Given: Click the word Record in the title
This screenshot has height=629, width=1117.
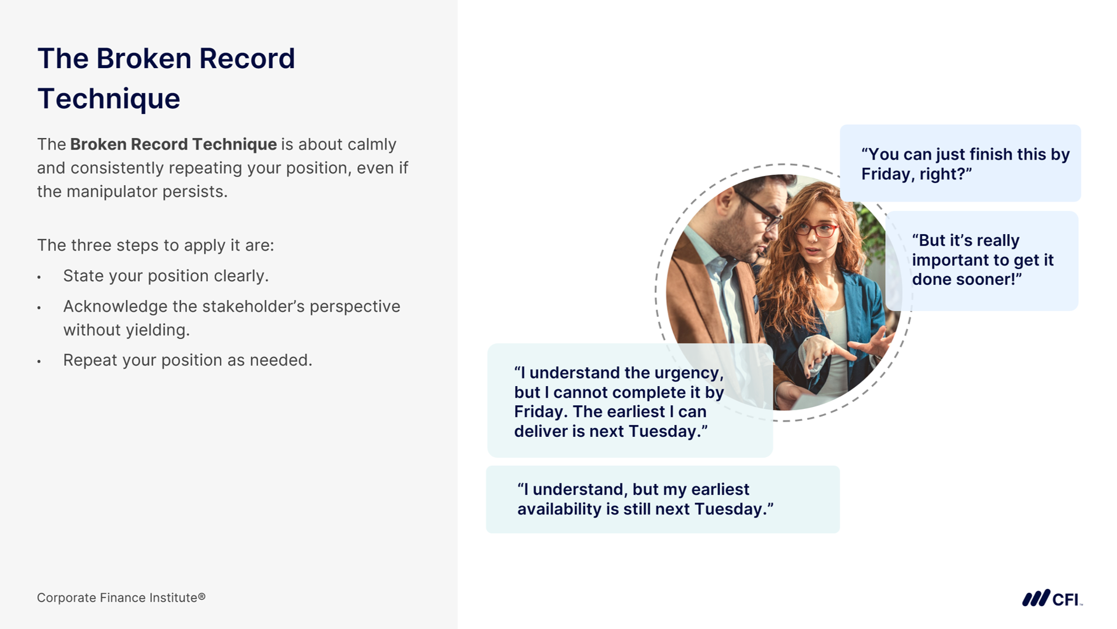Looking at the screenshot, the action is coord(247,59).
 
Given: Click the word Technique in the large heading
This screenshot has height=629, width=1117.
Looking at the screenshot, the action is coord(109,99).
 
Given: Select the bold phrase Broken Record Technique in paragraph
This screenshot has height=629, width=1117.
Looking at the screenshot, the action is coord(174,144).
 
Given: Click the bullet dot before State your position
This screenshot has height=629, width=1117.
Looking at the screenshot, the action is coord(39,277).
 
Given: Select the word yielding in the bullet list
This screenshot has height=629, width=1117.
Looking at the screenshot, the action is coord(156,330).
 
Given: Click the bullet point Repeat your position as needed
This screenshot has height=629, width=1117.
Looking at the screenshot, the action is coord(188,361).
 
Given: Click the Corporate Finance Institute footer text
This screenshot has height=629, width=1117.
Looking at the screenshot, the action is coord(121,598).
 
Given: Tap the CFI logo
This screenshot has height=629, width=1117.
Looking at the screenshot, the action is coord(1052,598).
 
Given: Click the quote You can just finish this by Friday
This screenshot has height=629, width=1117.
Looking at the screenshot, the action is coord(966,164).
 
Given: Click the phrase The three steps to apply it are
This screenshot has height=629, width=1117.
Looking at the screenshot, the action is coord(156,246).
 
